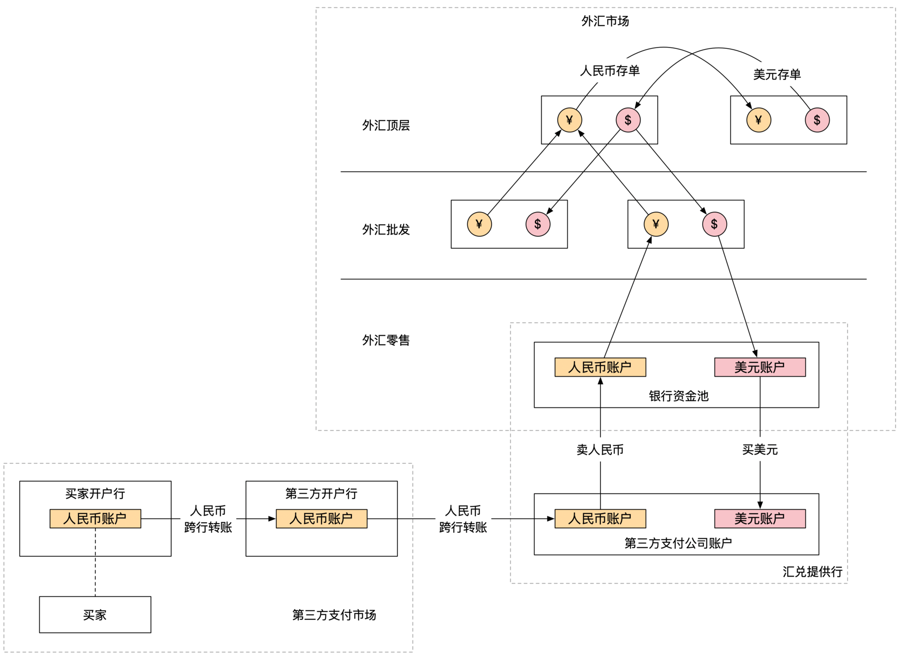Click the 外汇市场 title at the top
pyautogui.click(x=605, y=21)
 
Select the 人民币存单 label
pyautogui.click(x=610, y=71)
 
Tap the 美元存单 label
pyautogui.click(x=777, y=74)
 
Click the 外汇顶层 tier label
pyautogui.click(x=386, y=125)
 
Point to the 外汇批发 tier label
pyautogui.click(x=386, y=230)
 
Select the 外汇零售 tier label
pyautogui.click(x=386, y=340)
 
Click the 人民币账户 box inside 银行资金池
pyautogui.click(x=600, y=367)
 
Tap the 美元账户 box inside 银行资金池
pyautogui.click(x=760, y=367)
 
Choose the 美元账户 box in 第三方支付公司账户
pyautogui.click(x=760, y=518)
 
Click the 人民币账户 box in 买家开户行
pyautogui.click(x=95, y=518)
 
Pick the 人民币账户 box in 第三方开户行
pyautogui.click(x=321, y=518)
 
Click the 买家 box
pyautogui.click(x=95, y=615)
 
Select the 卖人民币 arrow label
pyautogui.click(x=600, y=450)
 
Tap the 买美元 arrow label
pyautogui.click(x=760, y=450)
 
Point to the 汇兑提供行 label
pyautogui.click(x=812, y=571)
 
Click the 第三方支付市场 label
pyautogui.click(x=334, y=615)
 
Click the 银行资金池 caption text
pyautogui.click(x=678, y=396)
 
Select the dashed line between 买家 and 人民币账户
pyautogui.click(x=95, y=563)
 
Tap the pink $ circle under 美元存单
pyautogui.click(x=817, y=120)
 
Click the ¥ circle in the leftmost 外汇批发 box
pyautogui.click(x=479, y=224)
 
